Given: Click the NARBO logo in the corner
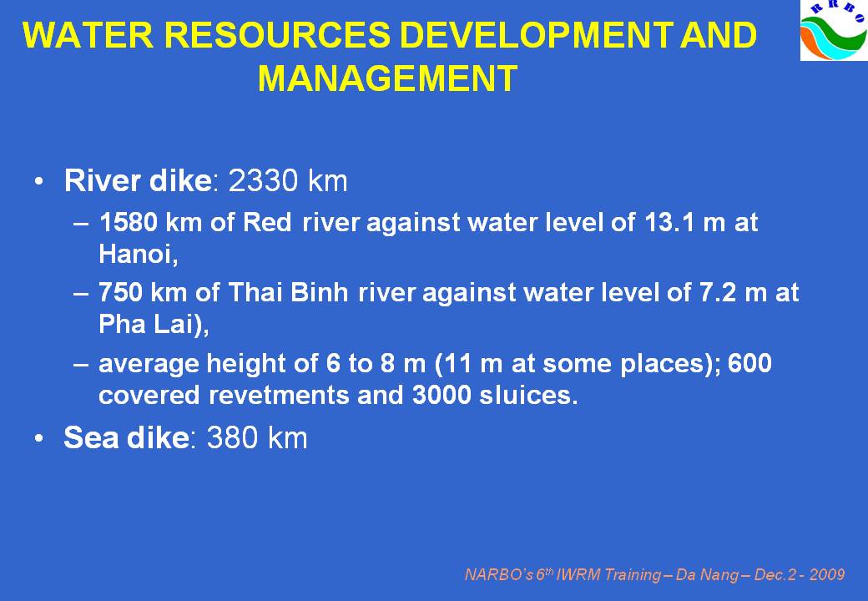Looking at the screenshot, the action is point(834,30).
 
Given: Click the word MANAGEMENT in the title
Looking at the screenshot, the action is point(387,78).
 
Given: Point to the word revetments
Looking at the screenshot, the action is point(279,395).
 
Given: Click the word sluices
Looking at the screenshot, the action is point(528,395).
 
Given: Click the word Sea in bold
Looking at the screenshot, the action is point(91,437).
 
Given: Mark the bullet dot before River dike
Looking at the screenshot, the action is point(38,181).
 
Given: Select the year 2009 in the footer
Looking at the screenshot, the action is point(827,575).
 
